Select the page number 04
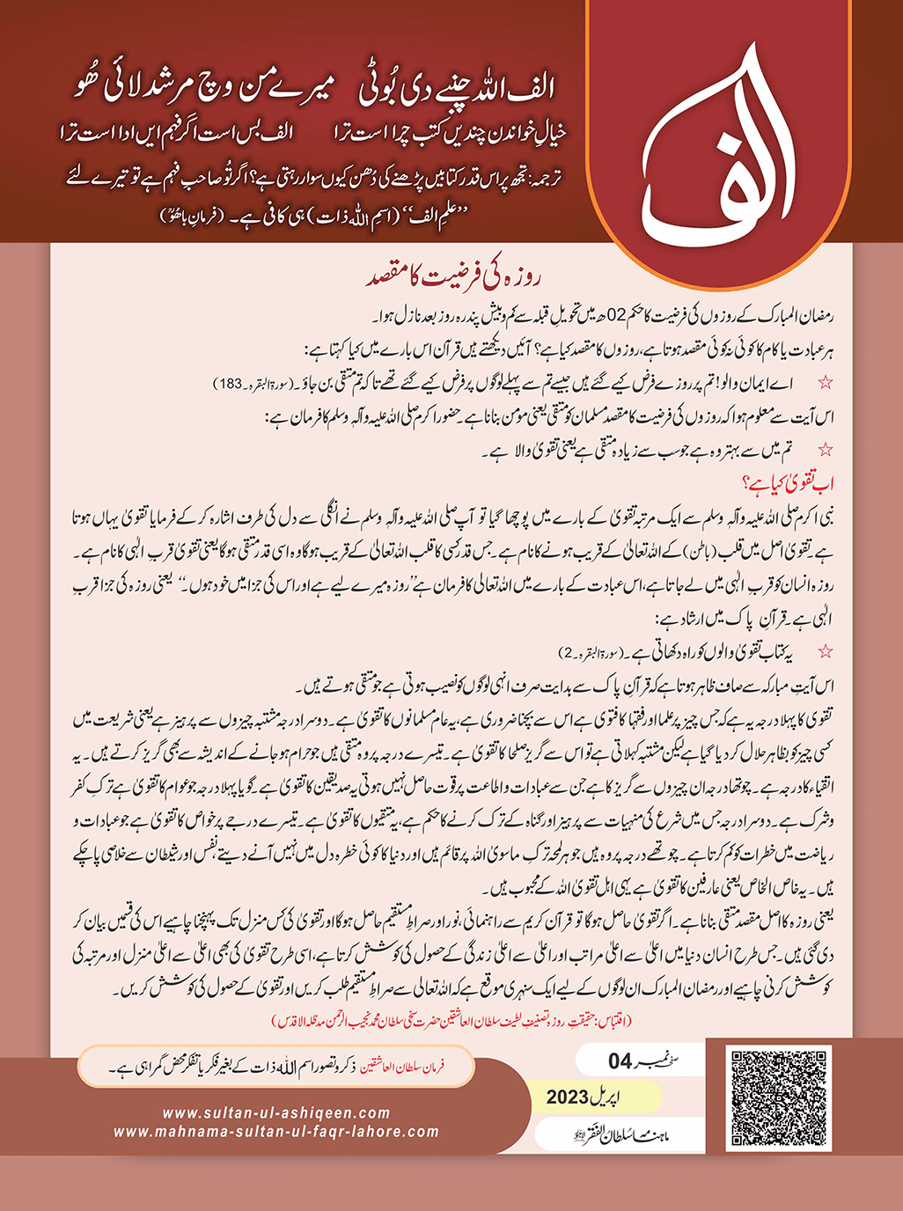(x=620, y=1062)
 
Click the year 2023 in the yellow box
(x=567, y=1097)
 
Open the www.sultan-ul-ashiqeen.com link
(x=276, y=1113)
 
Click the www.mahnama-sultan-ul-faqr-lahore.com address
(x=276, y=1132)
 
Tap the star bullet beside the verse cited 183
(x=826, y=383)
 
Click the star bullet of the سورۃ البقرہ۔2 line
(x=826, y=652)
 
